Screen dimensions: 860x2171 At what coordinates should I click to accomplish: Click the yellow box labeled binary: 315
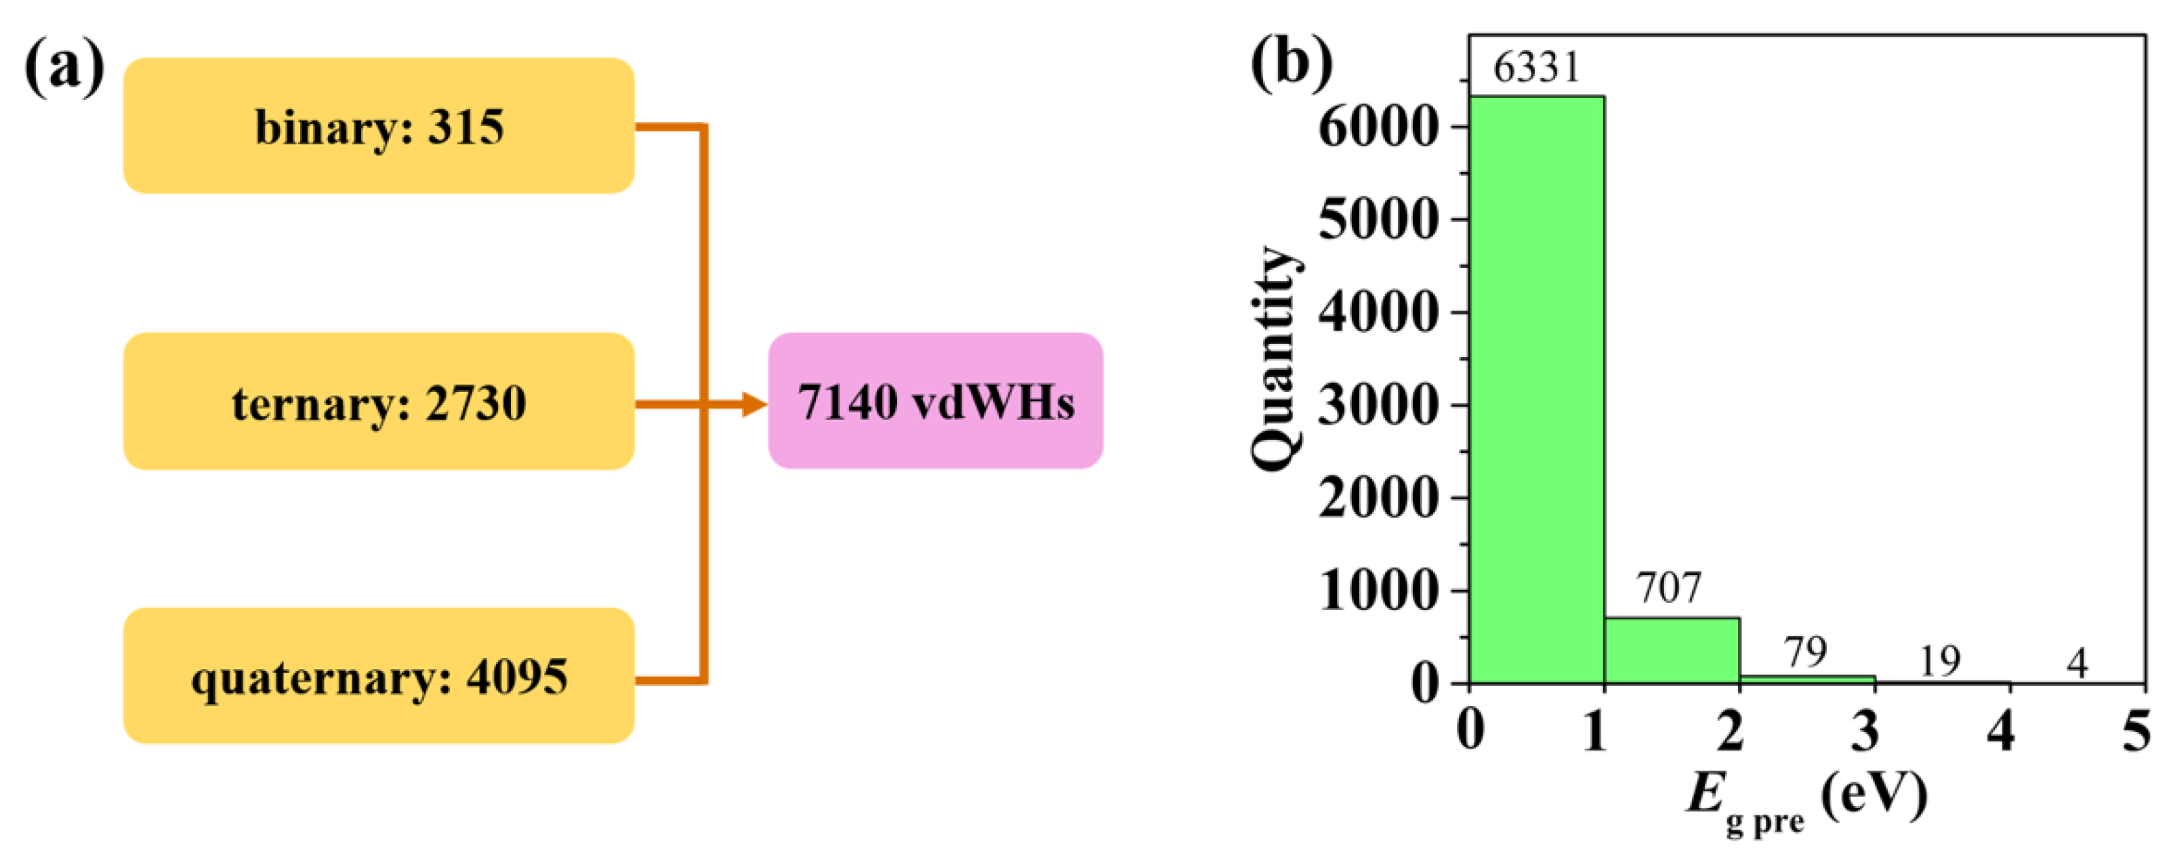(x=378, y=127)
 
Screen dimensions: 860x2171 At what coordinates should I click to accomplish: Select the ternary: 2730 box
(x=378, y=402)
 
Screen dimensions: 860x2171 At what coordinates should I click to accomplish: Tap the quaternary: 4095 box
(x=378, y=676)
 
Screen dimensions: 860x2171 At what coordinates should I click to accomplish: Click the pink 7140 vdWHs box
(x=936, y=402)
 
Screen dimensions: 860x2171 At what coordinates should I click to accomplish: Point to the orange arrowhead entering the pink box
(x=754, y=405)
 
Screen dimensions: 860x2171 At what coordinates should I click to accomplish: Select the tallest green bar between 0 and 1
(x=1536, y=387)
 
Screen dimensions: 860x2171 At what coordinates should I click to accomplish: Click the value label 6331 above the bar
(x=1536, y=68)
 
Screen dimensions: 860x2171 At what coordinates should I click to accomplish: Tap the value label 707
(x=1669, y=587)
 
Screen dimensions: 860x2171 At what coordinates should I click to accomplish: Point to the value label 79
(x=1805, y=652)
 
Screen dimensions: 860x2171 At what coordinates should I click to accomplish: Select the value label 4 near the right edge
(x=2077, y=664)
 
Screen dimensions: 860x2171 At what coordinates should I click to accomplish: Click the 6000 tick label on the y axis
(x=1376, y=128)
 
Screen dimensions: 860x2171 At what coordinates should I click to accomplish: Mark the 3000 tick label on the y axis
(x=1376, y=406)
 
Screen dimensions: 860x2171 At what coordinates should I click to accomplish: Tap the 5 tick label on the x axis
(x=2136, y=730)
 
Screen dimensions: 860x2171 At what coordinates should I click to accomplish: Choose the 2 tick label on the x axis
(x=1729, y=730)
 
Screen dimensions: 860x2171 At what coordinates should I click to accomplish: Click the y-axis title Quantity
(x=1275, y=358)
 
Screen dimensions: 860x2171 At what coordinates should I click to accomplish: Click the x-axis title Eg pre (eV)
(x=1805, y=798)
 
